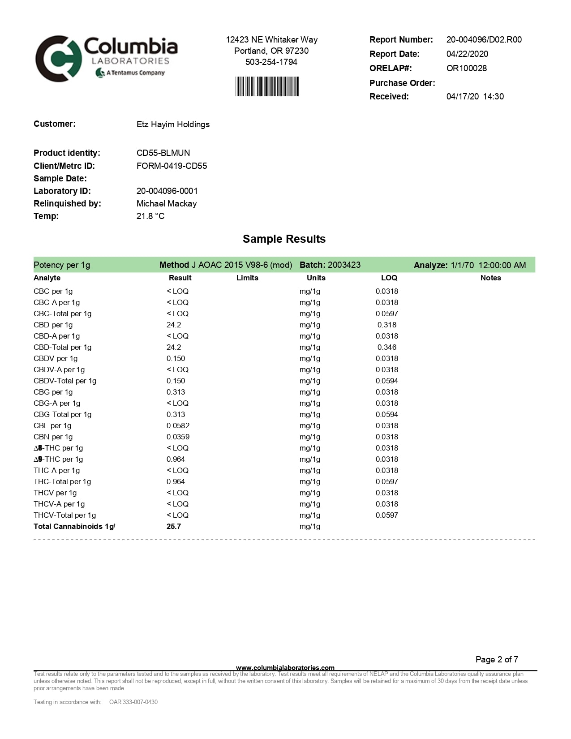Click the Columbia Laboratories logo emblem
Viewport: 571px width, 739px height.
click(58, 59)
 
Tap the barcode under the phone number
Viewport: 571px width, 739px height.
click(267, 86)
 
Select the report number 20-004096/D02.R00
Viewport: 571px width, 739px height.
click(484, 39)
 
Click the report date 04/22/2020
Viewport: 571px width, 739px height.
click(467, 54)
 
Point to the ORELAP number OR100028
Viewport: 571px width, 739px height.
click(466, 68)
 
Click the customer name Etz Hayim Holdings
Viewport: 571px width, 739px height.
click(173, 124)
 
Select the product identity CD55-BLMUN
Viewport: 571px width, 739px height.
click(163, 153)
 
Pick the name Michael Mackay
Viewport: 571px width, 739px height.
click(167, 203)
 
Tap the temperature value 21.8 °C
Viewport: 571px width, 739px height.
click(150, 216)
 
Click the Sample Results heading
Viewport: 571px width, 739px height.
click(284, 239)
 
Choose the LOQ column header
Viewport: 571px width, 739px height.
click(389, 278)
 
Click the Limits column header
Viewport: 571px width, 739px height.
click(247, 278)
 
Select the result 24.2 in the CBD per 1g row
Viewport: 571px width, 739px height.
click(174, 325)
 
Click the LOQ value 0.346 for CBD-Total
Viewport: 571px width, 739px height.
click(386, 347)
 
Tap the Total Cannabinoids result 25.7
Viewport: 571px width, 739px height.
click(174, 526)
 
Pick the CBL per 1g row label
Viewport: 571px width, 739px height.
click(52, 425)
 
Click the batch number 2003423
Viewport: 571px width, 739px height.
click(344, 265)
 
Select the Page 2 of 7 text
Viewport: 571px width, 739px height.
click(497, 659)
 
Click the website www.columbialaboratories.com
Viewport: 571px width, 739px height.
click(285, 668)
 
